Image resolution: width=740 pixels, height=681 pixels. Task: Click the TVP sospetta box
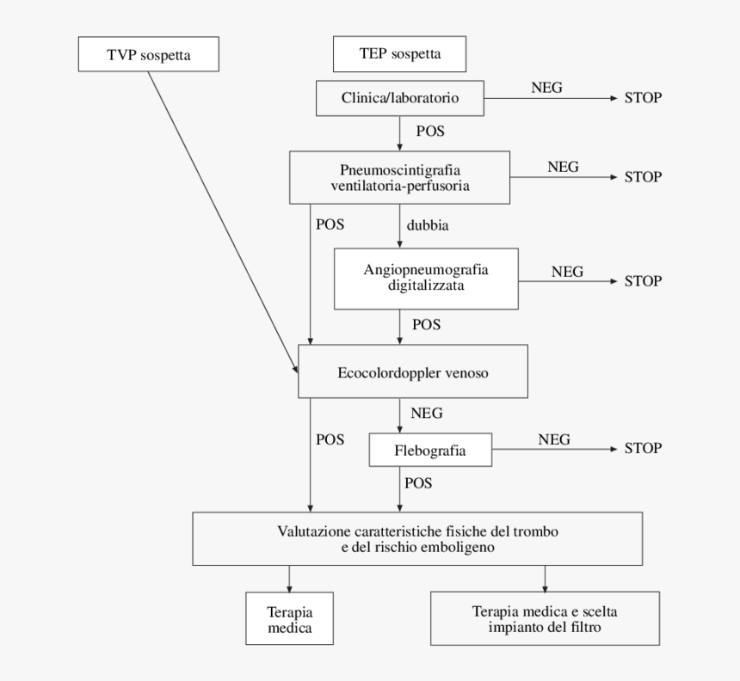pos(147,54)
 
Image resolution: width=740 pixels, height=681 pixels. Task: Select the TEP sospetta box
pos(399,54)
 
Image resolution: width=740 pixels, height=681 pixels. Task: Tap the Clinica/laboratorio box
pos(400,98)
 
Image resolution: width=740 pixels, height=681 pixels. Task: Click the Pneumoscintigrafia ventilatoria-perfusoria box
pos(400,177)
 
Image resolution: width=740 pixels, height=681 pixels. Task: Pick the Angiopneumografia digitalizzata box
pos(426,278)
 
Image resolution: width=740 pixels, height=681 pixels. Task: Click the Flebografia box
pos(429,450)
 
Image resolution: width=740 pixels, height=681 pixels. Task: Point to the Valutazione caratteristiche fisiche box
pos(418,538)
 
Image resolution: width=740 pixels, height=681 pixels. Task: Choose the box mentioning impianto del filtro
pos(544,619)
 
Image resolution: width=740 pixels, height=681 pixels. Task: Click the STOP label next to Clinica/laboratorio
pos(642,97)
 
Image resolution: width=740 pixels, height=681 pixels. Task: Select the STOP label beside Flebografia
pos(642,448)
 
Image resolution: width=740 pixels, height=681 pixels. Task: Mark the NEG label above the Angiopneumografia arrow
pos(567,272)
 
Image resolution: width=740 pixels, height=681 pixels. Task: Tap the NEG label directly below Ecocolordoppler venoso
pos(426,414)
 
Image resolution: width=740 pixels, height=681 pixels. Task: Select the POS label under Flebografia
pos(417,483)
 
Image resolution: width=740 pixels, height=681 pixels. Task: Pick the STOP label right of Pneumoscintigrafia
pos(642,176)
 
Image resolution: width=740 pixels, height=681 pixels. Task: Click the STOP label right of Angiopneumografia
pos(642,281)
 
